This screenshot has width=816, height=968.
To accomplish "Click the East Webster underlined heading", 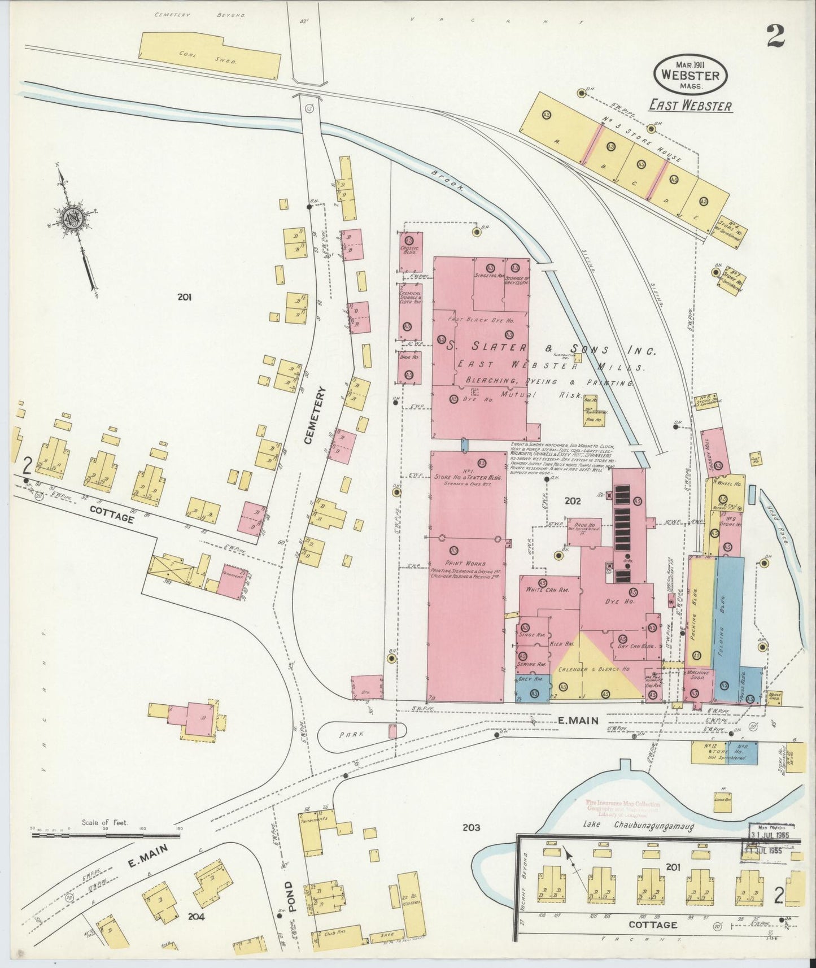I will pyautogui.click(x=690, y=106).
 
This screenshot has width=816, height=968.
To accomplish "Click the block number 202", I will pyautogui.click(x=572, y=500).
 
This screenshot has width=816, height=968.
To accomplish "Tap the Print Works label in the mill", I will pyautogui.click(x=462, y=563).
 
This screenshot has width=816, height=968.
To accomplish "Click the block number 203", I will pyautogui.click(x=471, y=827).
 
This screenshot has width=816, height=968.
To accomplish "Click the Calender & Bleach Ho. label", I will pyautogui.click(x=594, y=669).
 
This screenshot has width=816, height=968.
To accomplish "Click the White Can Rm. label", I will pyautogui.click(x=547, y=590).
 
